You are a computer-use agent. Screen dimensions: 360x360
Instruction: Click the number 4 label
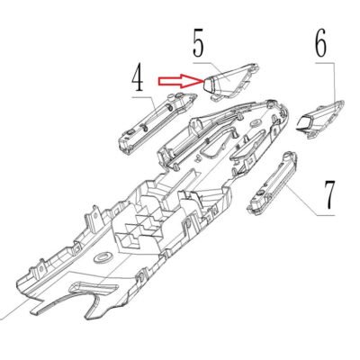click(139, 80)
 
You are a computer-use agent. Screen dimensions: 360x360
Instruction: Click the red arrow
click(181, 81)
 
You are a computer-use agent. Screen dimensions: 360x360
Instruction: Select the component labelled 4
click(157, 123)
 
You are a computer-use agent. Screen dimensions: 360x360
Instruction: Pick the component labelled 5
click(231, 82)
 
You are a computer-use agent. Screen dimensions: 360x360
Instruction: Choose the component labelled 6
click(320, 119)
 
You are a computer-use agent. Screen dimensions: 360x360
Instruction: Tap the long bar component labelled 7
click(272, 184)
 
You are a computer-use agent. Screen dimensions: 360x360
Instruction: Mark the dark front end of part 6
click(304, 124)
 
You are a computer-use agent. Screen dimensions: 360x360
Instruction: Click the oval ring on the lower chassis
click(103, 257)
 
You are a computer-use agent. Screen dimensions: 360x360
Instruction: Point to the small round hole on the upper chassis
click(256, 122)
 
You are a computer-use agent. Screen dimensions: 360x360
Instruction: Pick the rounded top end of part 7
click(290, 157)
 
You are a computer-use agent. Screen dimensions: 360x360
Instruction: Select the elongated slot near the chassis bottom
click(94, 287)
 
